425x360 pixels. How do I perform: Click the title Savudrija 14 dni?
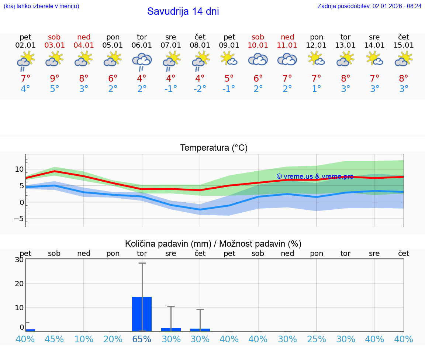183,11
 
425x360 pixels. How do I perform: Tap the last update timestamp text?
369,6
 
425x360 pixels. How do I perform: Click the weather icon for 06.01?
142,61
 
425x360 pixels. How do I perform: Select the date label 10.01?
258,45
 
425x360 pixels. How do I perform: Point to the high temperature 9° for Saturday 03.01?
54,78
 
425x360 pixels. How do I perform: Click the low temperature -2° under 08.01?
200,89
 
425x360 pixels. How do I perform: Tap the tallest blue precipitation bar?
142,314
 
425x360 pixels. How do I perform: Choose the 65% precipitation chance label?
142,339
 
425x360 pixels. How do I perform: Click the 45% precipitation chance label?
54,339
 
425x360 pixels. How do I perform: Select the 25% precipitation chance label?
317,339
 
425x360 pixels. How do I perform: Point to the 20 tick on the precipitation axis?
19,284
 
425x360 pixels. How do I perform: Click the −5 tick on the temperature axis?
18,219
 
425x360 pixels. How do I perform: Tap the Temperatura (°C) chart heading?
214,148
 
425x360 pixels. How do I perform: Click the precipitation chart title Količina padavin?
213,244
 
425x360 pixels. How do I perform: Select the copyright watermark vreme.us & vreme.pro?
315,176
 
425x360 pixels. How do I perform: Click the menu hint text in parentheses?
41,6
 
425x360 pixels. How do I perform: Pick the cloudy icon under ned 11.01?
287,59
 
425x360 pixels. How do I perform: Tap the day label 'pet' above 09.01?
229,37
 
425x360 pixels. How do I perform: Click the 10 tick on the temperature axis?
19,169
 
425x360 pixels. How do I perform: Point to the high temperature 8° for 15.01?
404,78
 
